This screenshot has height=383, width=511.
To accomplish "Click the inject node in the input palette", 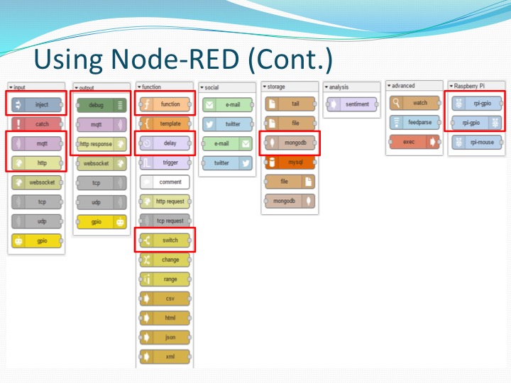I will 37,104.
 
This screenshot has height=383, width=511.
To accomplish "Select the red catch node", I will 37,124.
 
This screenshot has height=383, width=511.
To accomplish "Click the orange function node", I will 165,104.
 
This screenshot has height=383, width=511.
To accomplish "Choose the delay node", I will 165,143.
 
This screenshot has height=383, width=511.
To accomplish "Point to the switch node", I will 165,240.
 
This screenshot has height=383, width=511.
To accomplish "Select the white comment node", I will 165,182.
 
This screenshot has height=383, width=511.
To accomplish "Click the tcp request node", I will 165,221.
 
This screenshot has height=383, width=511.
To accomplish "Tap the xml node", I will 165,356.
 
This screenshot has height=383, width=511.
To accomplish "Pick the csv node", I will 165,298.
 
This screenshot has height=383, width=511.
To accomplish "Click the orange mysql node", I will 290,162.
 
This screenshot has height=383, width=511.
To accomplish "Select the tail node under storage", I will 290,104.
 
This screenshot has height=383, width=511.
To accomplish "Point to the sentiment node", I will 353,104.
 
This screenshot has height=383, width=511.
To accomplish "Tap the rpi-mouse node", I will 476,141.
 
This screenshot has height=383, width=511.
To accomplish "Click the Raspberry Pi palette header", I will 473,86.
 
